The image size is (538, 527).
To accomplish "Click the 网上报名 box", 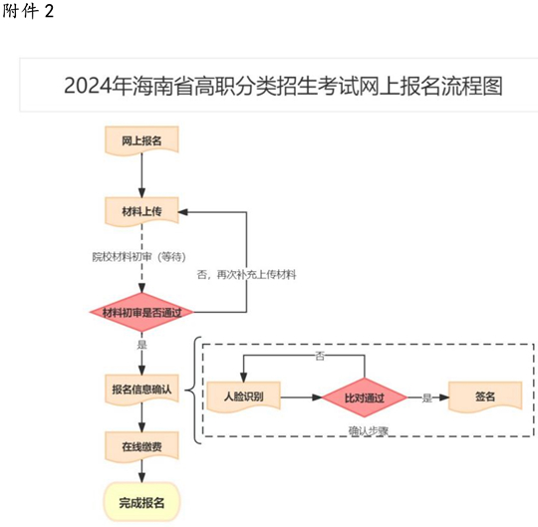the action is click(141, 140).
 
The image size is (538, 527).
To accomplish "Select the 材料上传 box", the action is click(141, 211).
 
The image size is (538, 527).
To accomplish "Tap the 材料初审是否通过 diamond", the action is click(141, 312).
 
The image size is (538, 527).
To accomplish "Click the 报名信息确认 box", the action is click(141, 390).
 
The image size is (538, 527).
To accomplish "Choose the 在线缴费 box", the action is click(141, 446).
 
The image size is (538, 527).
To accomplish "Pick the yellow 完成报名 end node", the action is click(141, 502).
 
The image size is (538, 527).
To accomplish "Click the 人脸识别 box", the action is click(244, 396).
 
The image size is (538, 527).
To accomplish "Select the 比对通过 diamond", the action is click(365, 397).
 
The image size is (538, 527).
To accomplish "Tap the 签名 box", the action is click(485, 396).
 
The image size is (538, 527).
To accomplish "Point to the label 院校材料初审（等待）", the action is click(138, 257).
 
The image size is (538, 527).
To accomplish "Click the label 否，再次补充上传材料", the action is click(246, 275).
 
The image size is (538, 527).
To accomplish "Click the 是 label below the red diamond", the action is click(142, 345).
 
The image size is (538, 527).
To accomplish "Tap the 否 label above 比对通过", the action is click(320, 356).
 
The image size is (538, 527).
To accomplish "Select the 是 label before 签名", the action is click(427, 398).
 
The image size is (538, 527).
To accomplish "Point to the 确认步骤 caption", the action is click(369, 431).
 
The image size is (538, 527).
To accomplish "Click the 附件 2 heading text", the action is click(29, 11).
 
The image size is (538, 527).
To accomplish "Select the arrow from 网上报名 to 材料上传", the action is click(141, 175).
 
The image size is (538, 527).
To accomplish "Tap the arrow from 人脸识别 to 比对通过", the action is click(301, 397).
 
